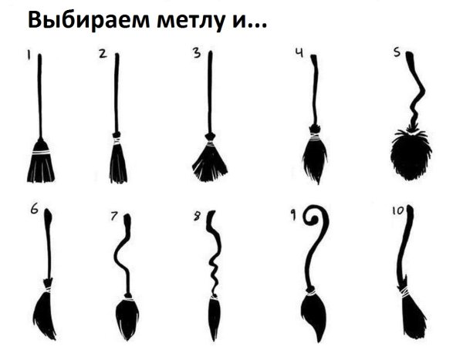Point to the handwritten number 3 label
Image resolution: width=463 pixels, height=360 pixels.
click(197, 53)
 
